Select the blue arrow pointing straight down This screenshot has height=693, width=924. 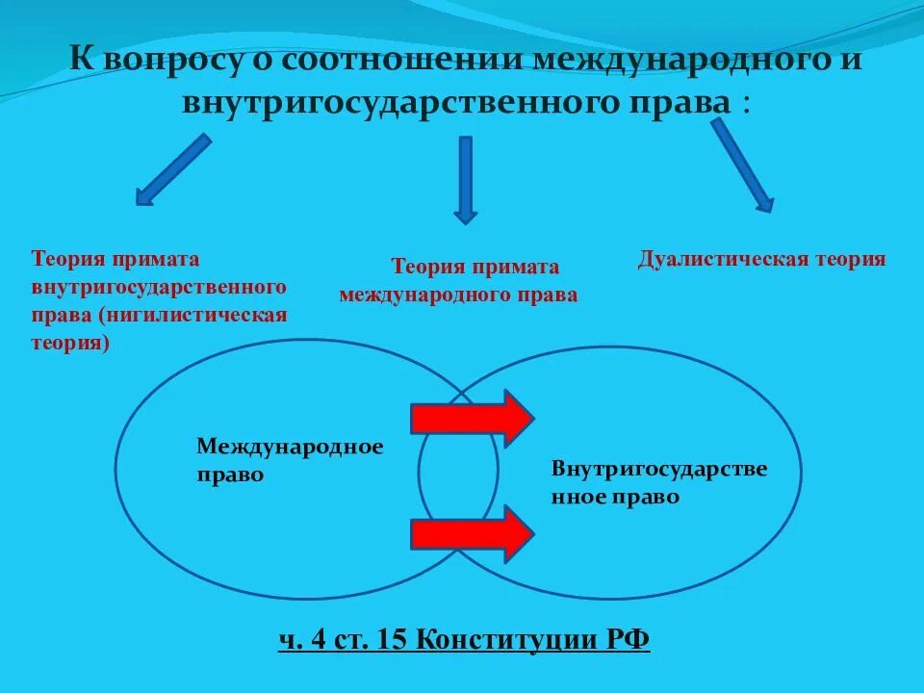click(x=466, y=179)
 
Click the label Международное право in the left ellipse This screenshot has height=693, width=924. click(x=290, y=460)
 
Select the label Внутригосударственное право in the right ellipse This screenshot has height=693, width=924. click(x=658, y=483)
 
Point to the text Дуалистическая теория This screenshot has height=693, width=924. click(x=761, y=259)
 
